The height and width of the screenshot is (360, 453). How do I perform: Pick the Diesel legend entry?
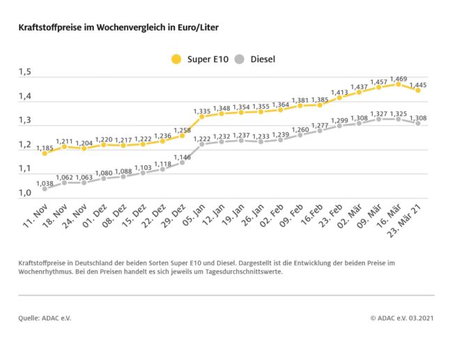[254, 59]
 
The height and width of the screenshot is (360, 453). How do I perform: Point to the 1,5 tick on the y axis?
[26, 72]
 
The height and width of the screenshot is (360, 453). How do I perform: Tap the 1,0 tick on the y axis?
[26, 193]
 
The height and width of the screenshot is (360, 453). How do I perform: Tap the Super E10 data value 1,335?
[202, 110]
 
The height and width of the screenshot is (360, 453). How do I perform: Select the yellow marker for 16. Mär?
[398, 84]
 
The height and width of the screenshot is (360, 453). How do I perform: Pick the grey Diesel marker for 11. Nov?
[45, 189]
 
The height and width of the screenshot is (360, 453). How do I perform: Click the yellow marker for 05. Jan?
[202, 117]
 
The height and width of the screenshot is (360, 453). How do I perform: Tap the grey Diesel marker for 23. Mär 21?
[418, 123]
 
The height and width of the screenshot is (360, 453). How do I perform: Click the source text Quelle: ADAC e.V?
[45, 318]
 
